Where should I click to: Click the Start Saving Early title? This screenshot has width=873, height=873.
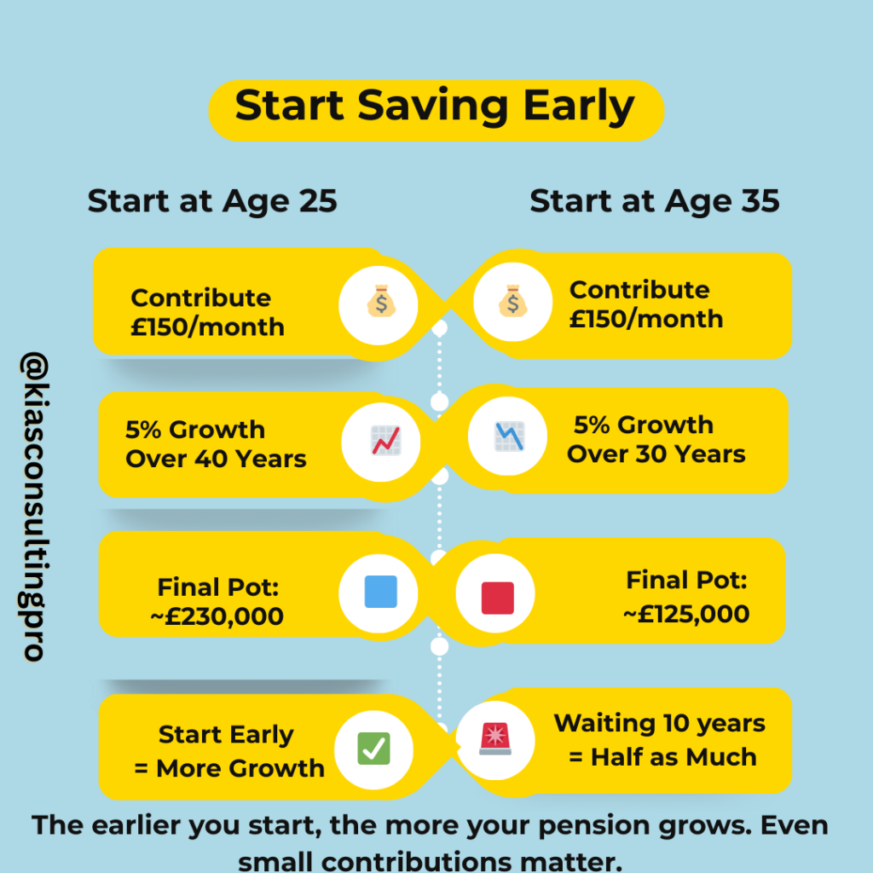[435, 108]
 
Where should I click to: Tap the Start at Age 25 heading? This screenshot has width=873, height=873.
[212, 202]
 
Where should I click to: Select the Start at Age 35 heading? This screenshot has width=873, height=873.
[654, 202]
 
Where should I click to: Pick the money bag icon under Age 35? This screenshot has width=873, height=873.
[510, 302]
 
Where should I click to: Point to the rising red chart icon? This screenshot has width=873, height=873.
[384, 441]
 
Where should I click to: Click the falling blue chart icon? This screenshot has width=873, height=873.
[509, 436]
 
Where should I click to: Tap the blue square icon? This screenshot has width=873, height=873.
[380, 592]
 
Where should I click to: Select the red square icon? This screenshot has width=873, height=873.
[497, 597]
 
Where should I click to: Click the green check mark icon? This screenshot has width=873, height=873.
[373, 749]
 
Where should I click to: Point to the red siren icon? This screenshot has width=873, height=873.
[495, 738]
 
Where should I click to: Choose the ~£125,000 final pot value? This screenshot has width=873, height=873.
[687, 614]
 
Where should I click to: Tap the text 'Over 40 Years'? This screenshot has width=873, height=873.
[216, 459]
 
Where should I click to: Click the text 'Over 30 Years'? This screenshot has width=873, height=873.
[656, 454]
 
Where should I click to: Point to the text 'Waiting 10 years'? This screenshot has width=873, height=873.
[660, 724]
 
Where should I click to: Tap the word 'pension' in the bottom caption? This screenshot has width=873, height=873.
[548, 827]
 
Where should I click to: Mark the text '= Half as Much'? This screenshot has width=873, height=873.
[662, 757]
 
